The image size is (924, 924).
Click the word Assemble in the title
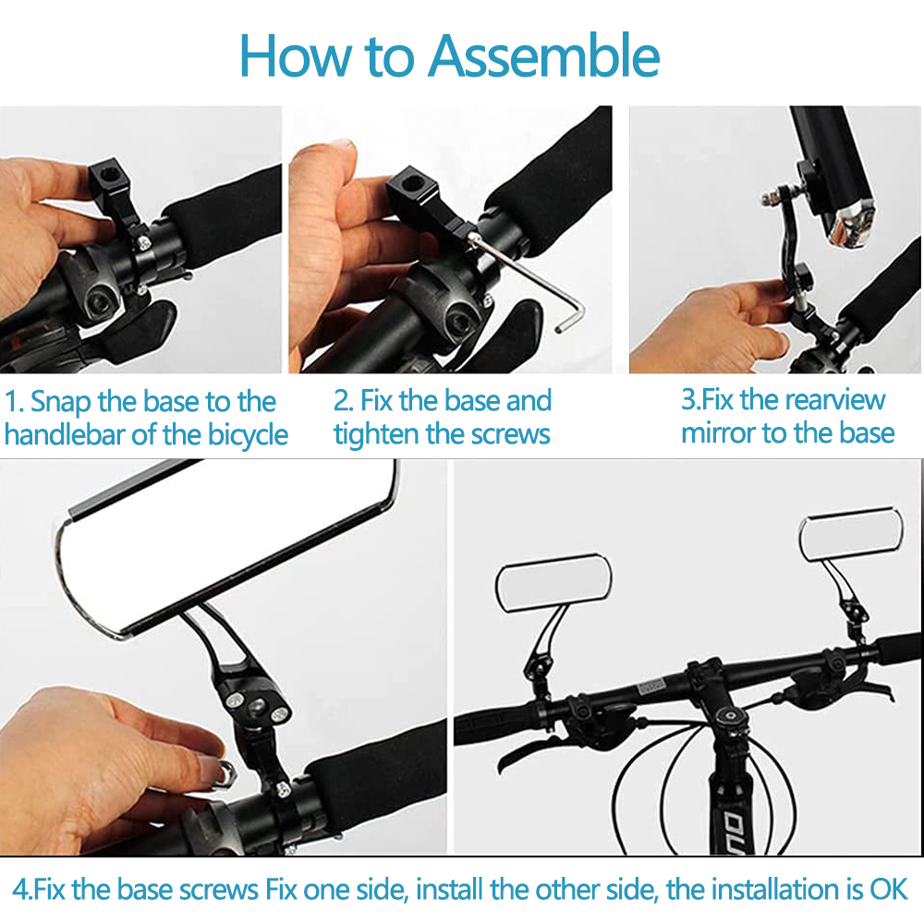(x=544, y=56)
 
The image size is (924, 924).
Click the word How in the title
(x=294, y=56)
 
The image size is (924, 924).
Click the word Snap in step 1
(x=60, y=403)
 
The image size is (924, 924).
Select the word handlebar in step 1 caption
(x=65, y=435)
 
